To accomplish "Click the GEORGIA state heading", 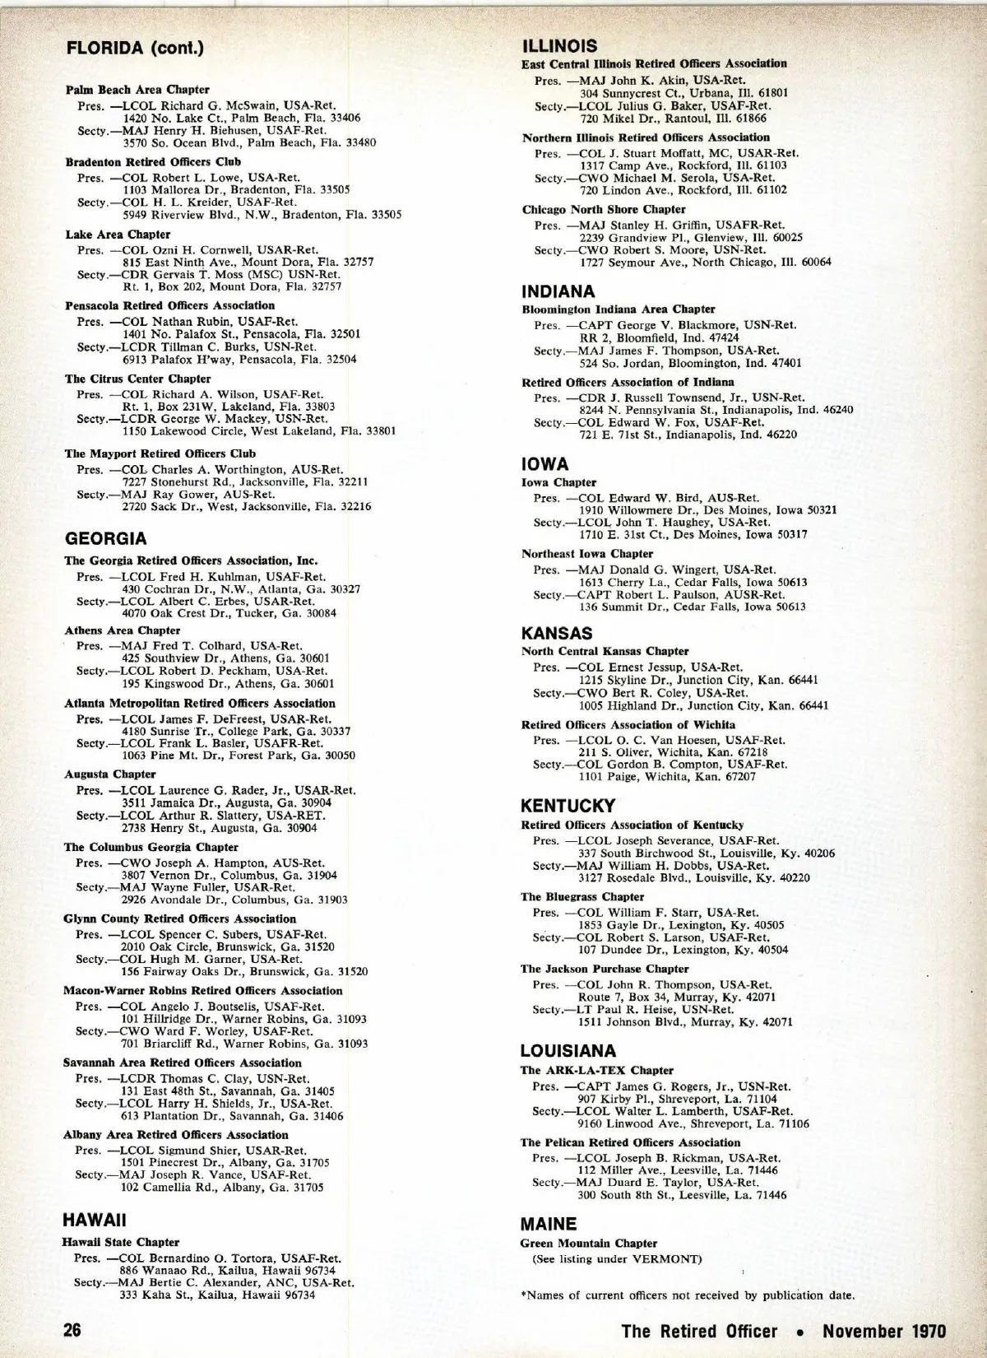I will point(105,539).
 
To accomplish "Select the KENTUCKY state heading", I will point(568,806).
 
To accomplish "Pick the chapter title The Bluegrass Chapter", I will point(582,897).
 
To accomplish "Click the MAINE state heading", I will point(549,1224).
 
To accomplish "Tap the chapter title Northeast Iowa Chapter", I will point(587,554).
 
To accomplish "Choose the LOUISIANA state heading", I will point(568,1051).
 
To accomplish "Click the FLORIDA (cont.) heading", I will point(135,48).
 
